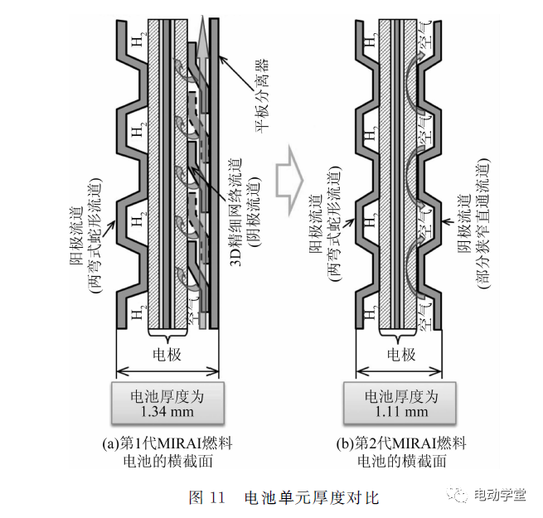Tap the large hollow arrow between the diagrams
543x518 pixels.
point(291,169)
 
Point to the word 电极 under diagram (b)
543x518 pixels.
point(401,354)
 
